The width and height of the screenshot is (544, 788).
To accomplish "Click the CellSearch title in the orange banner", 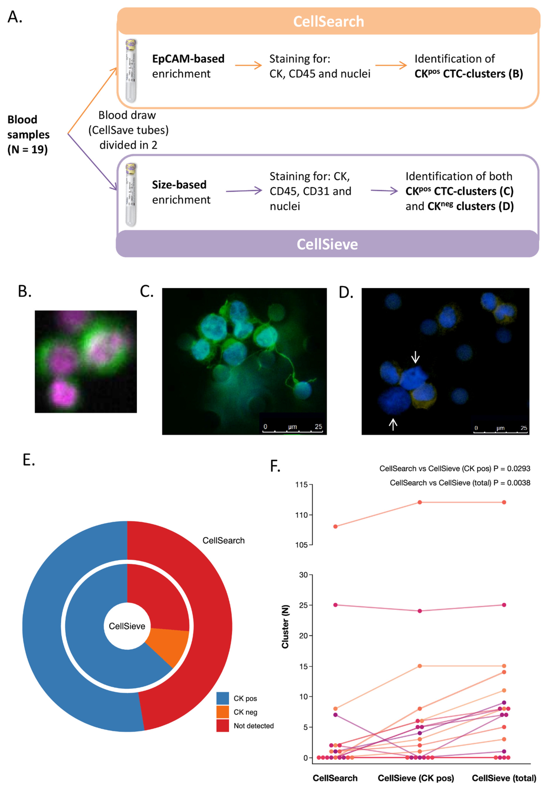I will coord(328,22).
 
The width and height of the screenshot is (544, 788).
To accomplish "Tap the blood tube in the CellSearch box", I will coord(131,71).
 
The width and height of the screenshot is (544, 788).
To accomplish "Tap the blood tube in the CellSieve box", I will coord(131,195).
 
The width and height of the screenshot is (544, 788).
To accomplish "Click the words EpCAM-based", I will coord(188,59).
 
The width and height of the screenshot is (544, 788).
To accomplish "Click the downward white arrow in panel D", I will coord(415,357).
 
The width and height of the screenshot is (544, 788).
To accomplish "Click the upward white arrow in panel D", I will coord(393,424).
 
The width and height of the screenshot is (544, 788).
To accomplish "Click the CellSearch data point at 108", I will coord(335,526).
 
